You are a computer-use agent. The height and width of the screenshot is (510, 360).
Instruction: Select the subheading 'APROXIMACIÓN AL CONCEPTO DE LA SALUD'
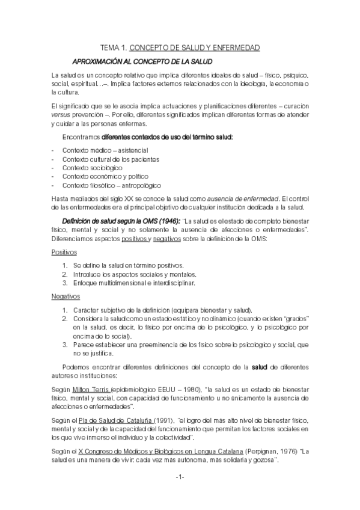click(x=142, y=61)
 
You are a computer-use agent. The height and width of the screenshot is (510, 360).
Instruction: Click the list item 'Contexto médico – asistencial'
click(x=105, y=150)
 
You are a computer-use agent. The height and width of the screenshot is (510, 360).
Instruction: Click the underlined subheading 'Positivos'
click(x=64, y=252)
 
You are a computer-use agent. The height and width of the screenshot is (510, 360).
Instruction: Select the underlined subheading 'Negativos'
click(x=66, y=296)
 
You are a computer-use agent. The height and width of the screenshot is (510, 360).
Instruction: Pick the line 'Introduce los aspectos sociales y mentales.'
click(x=133, y=274)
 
